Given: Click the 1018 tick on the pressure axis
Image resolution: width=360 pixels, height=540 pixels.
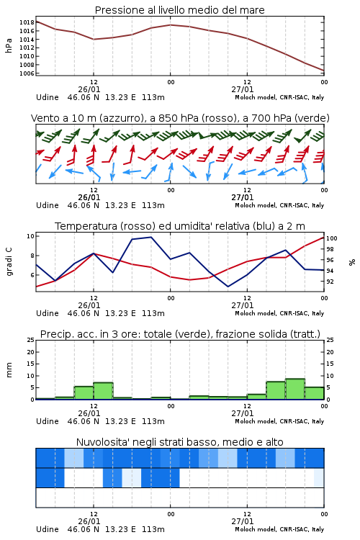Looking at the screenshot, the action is (x=27, y=22).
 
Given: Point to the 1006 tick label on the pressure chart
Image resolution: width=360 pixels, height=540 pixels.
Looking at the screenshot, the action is (x=27, y=73).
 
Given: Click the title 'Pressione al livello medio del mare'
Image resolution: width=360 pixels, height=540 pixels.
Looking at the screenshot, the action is (x=180, y=10).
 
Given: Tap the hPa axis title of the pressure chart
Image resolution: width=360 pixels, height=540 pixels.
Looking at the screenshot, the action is (x=9, y=45).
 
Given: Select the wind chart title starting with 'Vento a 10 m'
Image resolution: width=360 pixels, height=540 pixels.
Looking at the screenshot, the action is (x=180, y=118).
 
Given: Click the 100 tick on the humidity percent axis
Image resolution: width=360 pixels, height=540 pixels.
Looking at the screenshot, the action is (x=332, y=238).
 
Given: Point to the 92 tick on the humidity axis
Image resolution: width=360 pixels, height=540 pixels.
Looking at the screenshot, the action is (x=330, y=282).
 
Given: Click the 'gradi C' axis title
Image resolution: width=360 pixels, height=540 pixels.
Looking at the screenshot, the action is (x=9, y=262).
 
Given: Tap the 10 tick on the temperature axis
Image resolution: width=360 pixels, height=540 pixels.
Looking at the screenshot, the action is (x=30, y=236).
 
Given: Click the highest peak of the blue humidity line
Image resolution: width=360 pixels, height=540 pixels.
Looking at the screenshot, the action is (x=151, y=237).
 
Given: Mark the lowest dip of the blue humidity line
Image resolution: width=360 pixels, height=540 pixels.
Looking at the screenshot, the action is (x=228, y=287).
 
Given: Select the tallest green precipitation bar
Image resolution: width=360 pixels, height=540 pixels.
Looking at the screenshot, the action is (x=295, y=389).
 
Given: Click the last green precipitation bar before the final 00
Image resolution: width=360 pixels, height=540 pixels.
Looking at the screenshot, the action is (x=315, y=393).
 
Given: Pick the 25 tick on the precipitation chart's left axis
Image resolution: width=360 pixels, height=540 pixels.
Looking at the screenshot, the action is (x=31, y=340).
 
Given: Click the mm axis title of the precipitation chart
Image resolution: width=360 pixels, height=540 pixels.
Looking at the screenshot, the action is (x=9, y=370).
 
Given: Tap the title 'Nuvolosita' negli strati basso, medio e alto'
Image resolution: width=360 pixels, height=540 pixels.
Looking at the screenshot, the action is (x=180, y=442).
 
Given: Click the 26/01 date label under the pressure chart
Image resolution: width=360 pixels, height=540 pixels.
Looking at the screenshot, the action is (x=89, y=89).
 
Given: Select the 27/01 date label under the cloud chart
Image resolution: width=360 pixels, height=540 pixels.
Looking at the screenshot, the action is (x=243, y=521).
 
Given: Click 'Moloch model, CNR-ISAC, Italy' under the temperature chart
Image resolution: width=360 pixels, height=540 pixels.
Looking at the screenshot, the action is (x=279, y=313).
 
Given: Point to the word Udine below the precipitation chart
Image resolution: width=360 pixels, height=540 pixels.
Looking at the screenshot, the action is (x=48, y=421).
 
